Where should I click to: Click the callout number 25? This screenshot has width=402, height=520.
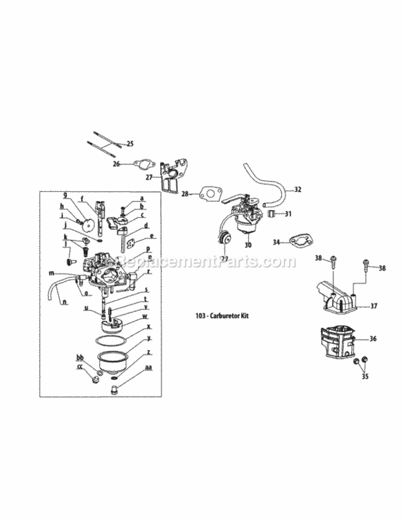pyautogui.click(x=128, y=144)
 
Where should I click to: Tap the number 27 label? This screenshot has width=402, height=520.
pyautogui.click(x=149, y=177)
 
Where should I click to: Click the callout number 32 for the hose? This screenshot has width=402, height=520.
pyautogui.click(x=297, y=189)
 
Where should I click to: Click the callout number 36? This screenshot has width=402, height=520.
pyautogui.click(x=375, y=339)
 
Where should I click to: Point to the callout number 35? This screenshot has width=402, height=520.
pyautogui.click(x=364, y=378)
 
